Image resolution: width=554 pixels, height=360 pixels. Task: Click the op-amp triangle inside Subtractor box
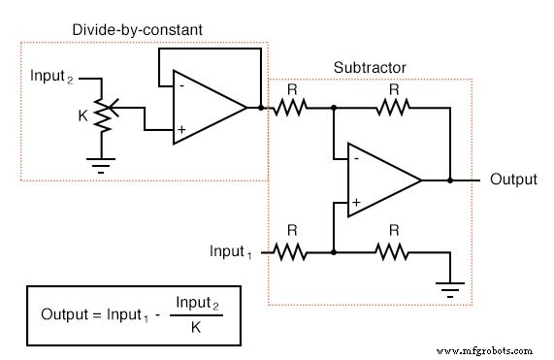click(x=381, y=180)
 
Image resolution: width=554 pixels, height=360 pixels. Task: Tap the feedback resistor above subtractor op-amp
click(x=392, y=109)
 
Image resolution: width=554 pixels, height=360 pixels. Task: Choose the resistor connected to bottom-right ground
click(x=392, y=252)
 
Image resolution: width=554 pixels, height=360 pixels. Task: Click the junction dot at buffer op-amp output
click(x=262, y=109)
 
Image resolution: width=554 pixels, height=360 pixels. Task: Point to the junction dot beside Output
click(x=449, y=180)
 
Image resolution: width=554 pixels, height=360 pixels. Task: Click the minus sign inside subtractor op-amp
click(x=356, y=158)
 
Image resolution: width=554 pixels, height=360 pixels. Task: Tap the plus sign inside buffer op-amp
click(x=180, y=128)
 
